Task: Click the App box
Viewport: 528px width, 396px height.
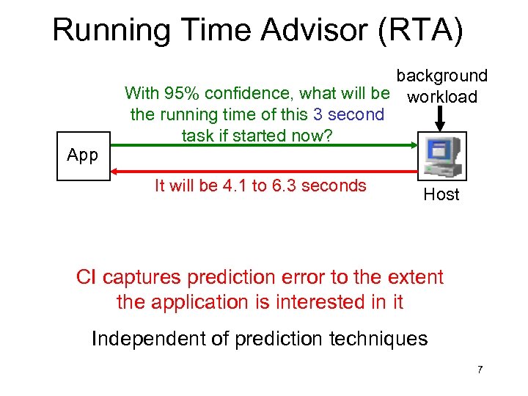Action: tap(82, 155)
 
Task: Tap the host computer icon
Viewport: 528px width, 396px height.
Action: tap(441, 155)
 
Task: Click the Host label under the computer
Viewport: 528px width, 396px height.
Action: tap(441, 194)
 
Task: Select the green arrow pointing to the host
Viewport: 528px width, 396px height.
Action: tap(264, 147)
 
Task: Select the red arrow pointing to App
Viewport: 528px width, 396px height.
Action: tap(264, 171)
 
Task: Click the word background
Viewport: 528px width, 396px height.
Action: tap(441, 76)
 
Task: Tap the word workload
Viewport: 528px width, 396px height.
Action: tap(442, 97)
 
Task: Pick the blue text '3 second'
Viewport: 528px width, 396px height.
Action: tap(348, 114)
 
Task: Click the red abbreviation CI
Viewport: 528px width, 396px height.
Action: tap(87, 277)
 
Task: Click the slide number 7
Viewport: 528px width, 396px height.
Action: tap(480, 370)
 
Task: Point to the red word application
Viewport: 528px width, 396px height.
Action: tap(204, 301)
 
